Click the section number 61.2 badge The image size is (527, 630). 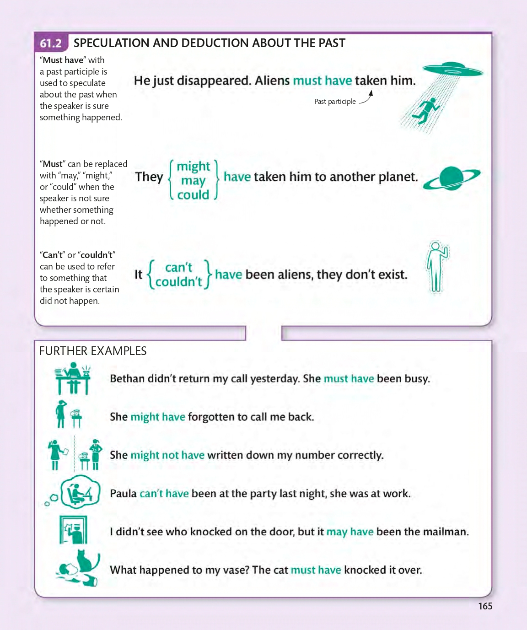coord(51,43)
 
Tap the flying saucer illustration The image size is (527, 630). coord(452,70)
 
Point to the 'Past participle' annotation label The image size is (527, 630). coord(335,102)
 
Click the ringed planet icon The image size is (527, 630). coord(452,178)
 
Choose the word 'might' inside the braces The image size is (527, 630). coord(193,166)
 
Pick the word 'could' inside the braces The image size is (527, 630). coord(193,195)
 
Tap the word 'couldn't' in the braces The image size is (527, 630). coord(178,282)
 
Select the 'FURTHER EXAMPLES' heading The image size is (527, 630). coord(93,351)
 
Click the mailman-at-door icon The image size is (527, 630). coord(73,530)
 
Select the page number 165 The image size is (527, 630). coord(485,606)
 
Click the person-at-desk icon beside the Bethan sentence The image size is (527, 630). coord(72,378)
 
